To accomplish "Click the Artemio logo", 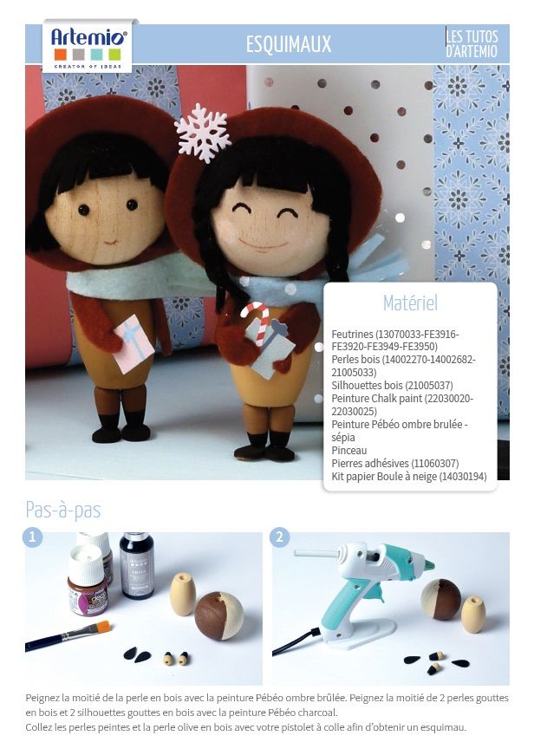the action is (x=88, y=47).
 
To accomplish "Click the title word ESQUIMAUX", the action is (x=289, y=44).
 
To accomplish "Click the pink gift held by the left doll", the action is (x=134, y=343).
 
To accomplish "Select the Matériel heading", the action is (x=410, y=303).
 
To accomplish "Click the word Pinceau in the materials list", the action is (x=349, y=450).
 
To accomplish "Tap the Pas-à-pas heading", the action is (x=63, y=510).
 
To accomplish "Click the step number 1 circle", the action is (x=33, y=537).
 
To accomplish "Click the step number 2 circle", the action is (x=280, y=537).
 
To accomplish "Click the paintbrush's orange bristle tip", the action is (x=104, y=627).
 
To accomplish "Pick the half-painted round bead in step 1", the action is (x=218, y=615).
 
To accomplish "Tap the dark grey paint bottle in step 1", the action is (x=137, y=565).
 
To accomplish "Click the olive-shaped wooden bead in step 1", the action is (x=183, y=594).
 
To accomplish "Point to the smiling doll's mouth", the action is (x=263, y=244).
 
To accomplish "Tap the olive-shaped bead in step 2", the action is (x=473, y=615).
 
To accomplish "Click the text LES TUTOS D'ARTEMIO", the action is (x=472, y=43).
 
